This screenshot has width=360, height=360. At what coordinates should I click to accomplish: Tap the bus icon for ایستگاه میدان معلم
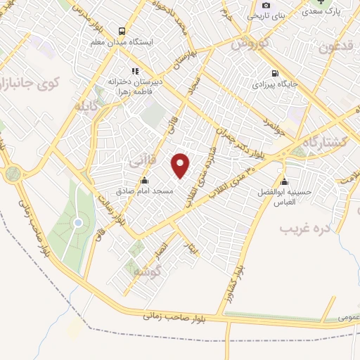click(x=122, y=32)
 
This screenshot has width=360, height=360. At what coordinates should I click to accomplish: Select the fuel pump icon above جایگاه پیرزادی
click(x=274, y=74)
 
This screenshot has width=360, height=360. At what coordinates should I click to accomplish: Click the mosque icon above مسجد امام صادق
click(x=144, y=180)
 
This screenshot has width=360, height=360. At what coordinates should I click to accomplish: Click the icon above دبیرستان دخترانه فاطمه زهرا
click(x=136, y=70)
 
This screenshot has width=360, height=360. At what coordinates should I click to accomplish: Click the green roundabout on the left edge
click(x=12, y=172)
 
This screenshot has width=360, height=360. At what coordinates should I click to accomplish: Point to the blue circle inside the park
click(x=78, y=223)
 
